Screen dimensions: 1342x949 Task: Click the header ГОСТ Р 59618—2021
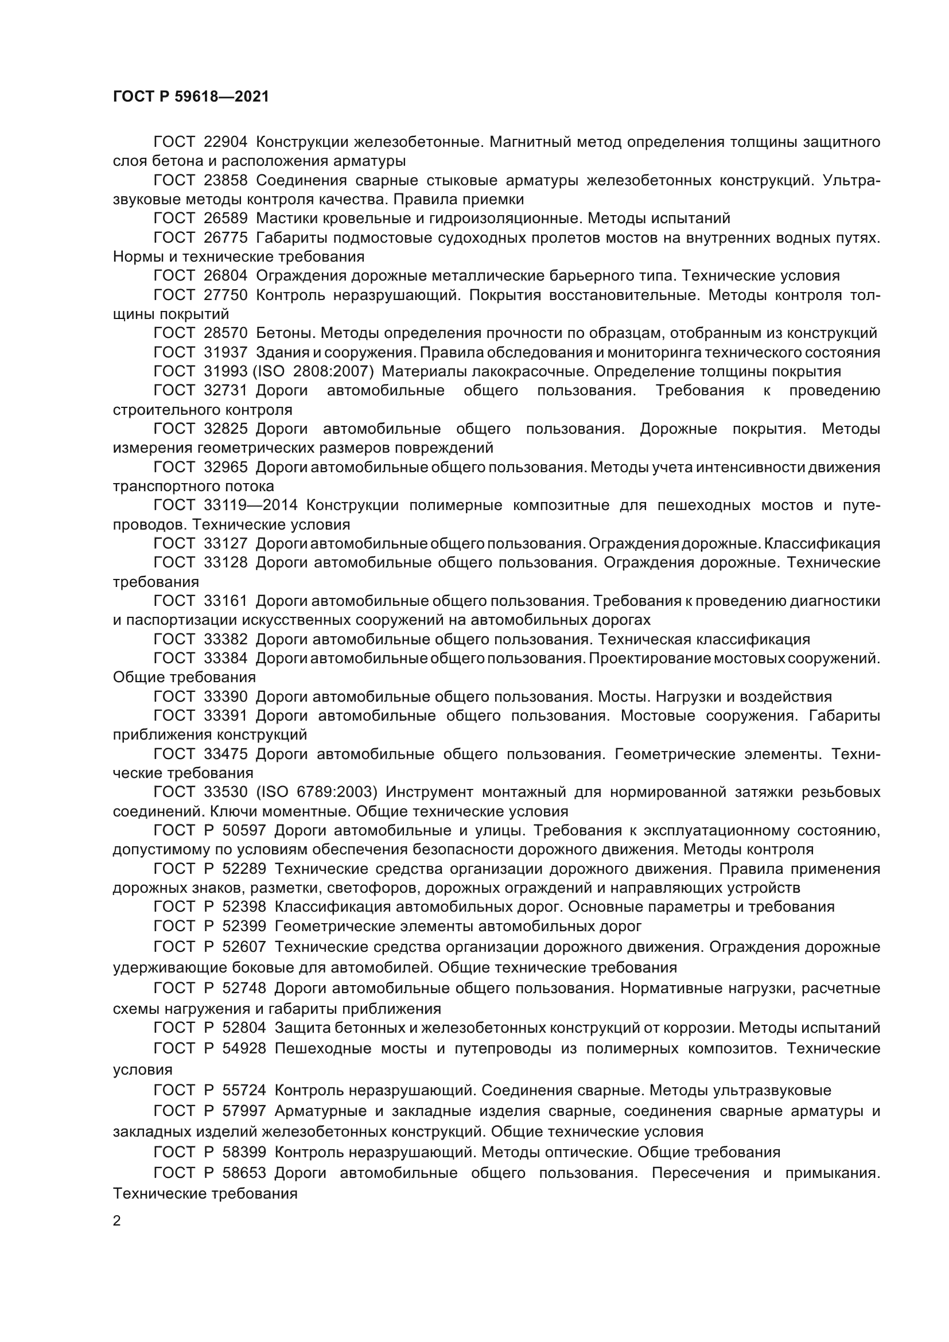190,96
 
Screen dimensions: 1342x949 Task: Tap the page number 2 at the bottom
117,1222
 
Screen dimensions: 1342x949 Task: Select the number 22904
225,142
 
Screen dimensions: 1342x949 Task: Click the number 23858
225,180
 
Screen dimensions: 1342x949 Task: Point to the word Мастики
285,218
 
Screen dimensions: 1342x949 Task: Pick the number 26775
225,238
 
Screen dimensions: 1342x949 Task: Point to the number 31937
225,352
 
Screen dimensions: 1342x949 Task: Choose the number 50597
244,830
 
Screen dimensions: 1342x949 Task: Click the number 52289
244,869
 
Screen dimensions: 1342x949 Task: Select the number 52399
244,926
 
